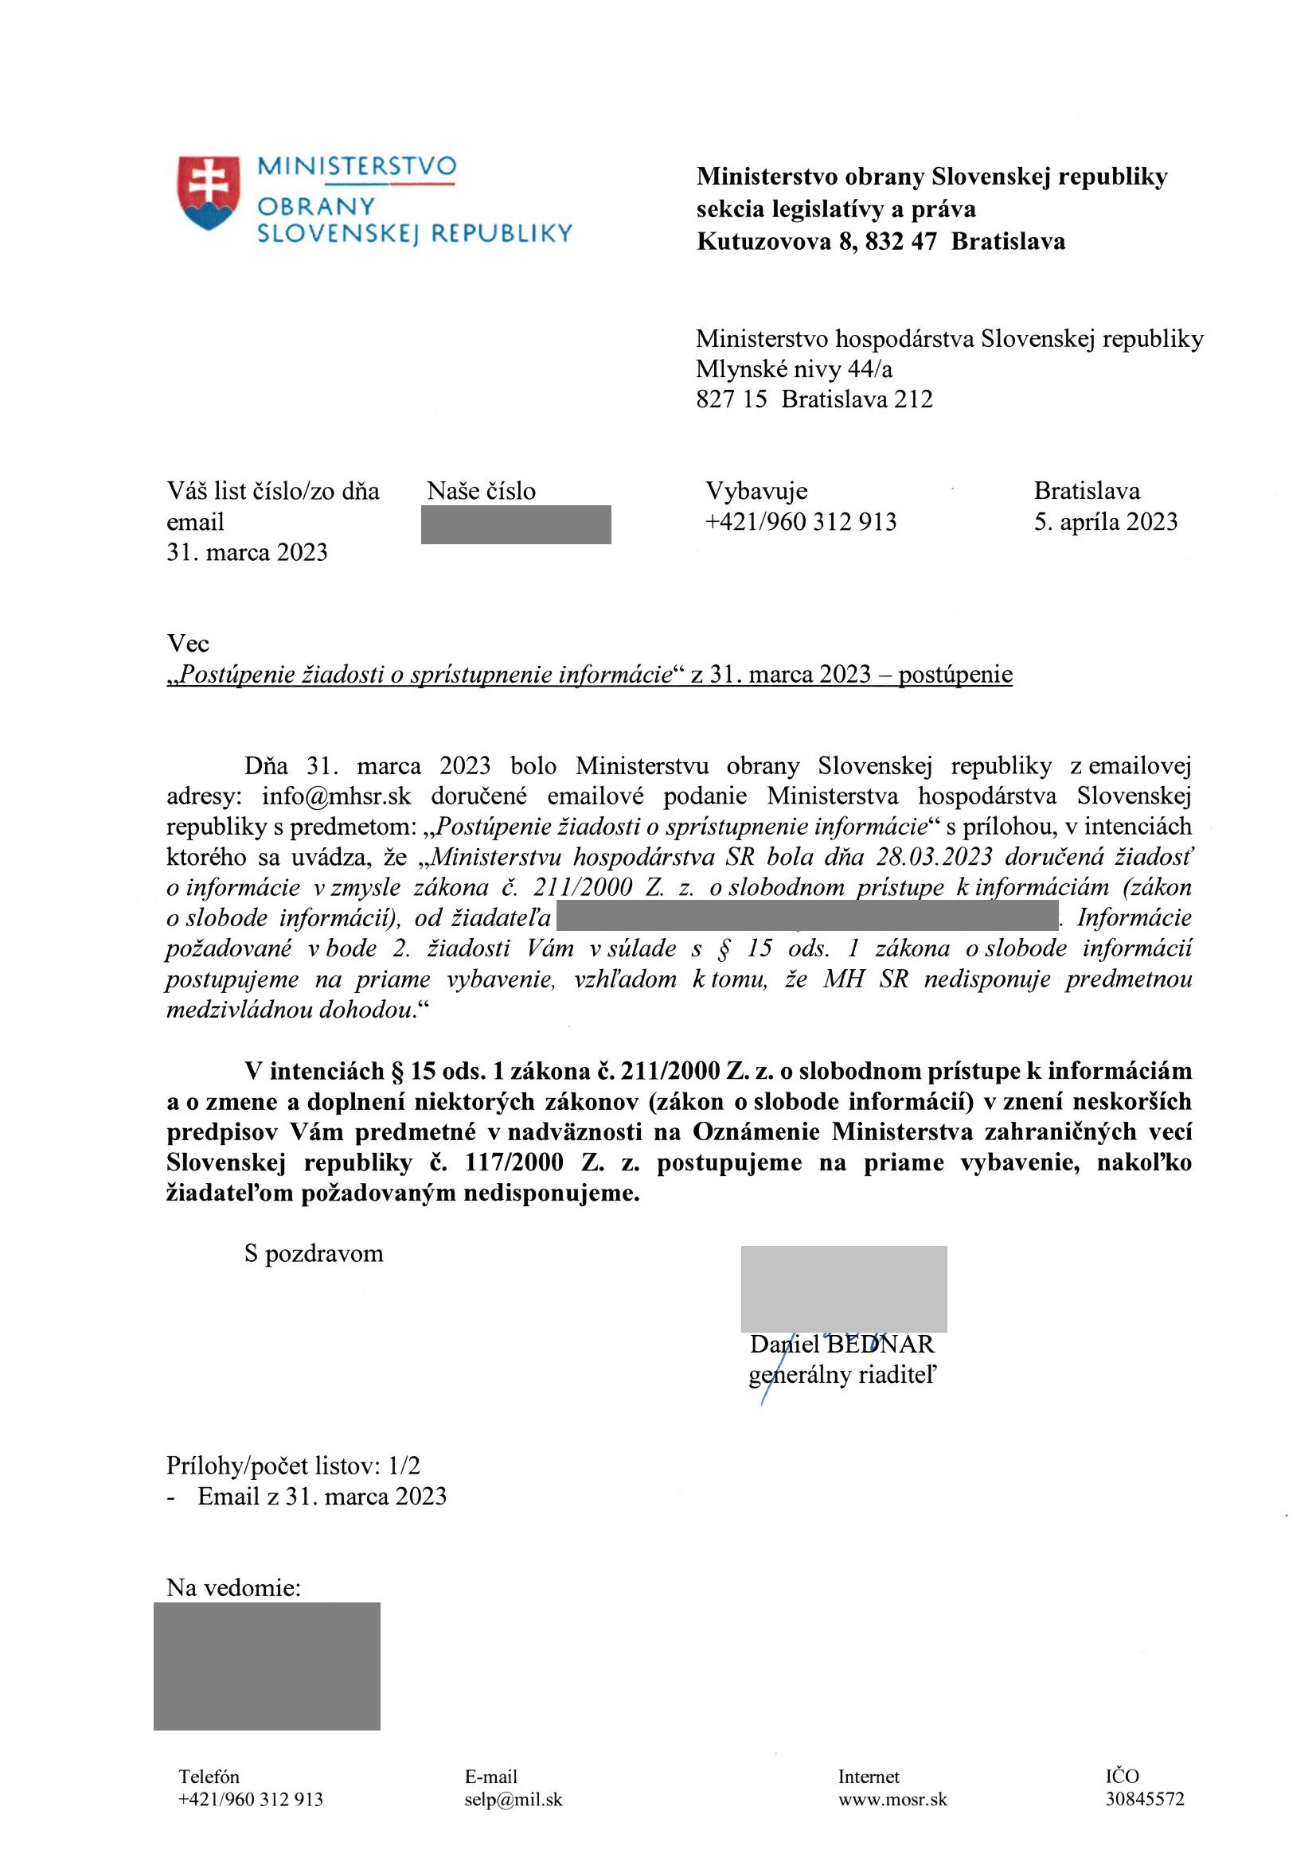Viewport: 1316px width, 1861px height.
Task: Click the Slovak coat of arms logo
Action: [209, 193]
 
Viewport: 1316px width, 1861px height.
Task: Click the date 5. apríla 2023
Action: [1104, 522]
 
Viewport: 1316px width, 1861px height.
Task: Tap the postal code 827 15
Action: [731, 399]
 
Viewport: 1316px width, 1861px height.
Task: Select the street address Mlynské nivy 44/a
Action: [794, 369]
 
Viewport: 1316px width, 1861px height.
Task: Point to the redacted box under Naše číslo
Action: [516, 524]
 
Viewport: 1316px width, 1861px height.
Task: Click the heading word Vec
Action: [187, 644]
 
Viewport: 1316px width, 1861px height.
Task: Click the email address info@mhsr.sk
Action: [337, 796]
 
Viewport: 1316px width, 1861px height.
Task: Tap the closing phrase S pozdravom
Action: [313, 1253]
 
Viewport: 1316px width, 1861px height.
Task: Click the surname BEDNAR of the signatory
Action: [881, 1345]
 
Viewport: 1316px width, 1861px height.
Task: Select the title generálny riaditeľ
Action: [842, 1376]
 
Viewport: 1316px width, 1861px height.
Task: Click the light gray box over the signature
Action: [843, 1289]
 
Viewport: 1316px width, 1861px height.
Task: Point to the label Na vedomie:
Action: [233, 1588]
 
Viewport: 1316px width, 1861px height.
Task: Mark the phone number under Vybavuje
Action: [800, 522]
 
